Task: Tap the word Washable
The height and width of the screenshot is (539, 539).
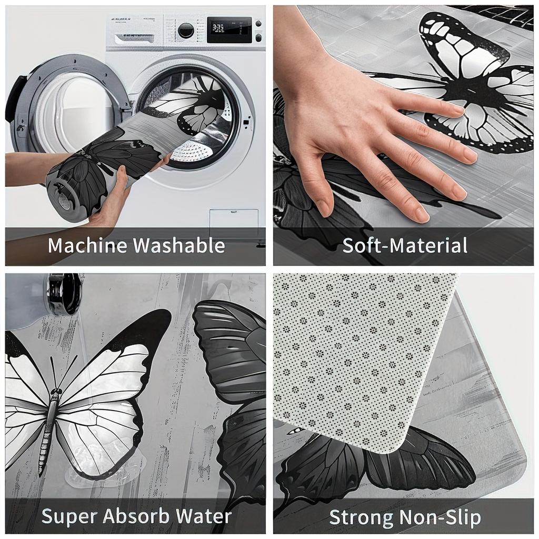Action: point(179,245)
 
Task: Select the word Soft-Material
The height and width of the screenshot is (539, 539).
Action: point(405,245)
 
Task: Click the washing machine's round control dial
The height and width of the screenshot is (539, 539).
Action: point(186,31)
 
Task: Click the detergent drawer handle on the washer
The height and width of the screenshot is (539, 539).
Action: point(134,38)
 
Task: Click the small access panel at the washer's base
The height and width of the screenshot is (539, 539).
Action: point(234,220)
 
